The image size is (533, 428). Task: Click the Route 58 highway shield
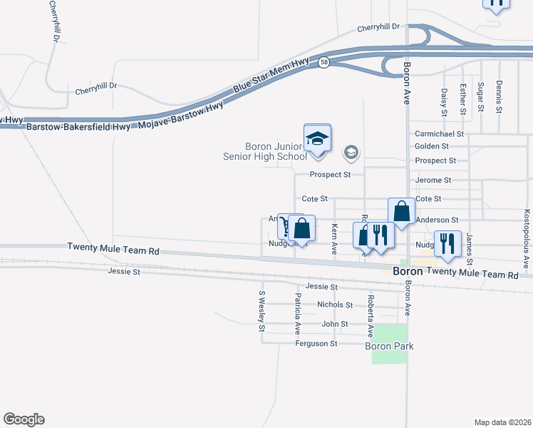[324, 62]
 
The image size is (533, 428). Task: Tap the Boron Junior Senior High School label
[276, 151]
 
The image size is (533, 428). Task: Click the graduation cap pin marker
[318, 138]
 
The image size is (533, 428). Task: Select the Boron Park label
[389, 346]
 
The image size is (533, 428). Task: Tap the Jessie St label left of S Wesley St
[124, 271]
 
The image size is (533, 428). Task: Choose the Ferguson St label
[316, 344]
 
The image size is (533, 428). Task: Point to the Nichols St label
[335, 305]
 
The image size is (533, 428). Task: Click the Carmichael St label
[439, 133]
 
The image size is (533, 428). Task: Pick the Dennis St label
[499, 98]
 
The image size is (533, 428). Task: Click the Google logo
[24, 419]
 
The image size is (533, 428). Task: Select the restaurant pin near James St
[447, 243]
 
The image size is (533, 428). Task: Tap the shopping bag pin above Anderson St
[402, 211]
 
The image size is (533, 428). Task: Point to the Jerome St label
[433, 180]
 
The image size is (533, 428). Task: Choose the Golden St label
[431, 146]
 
